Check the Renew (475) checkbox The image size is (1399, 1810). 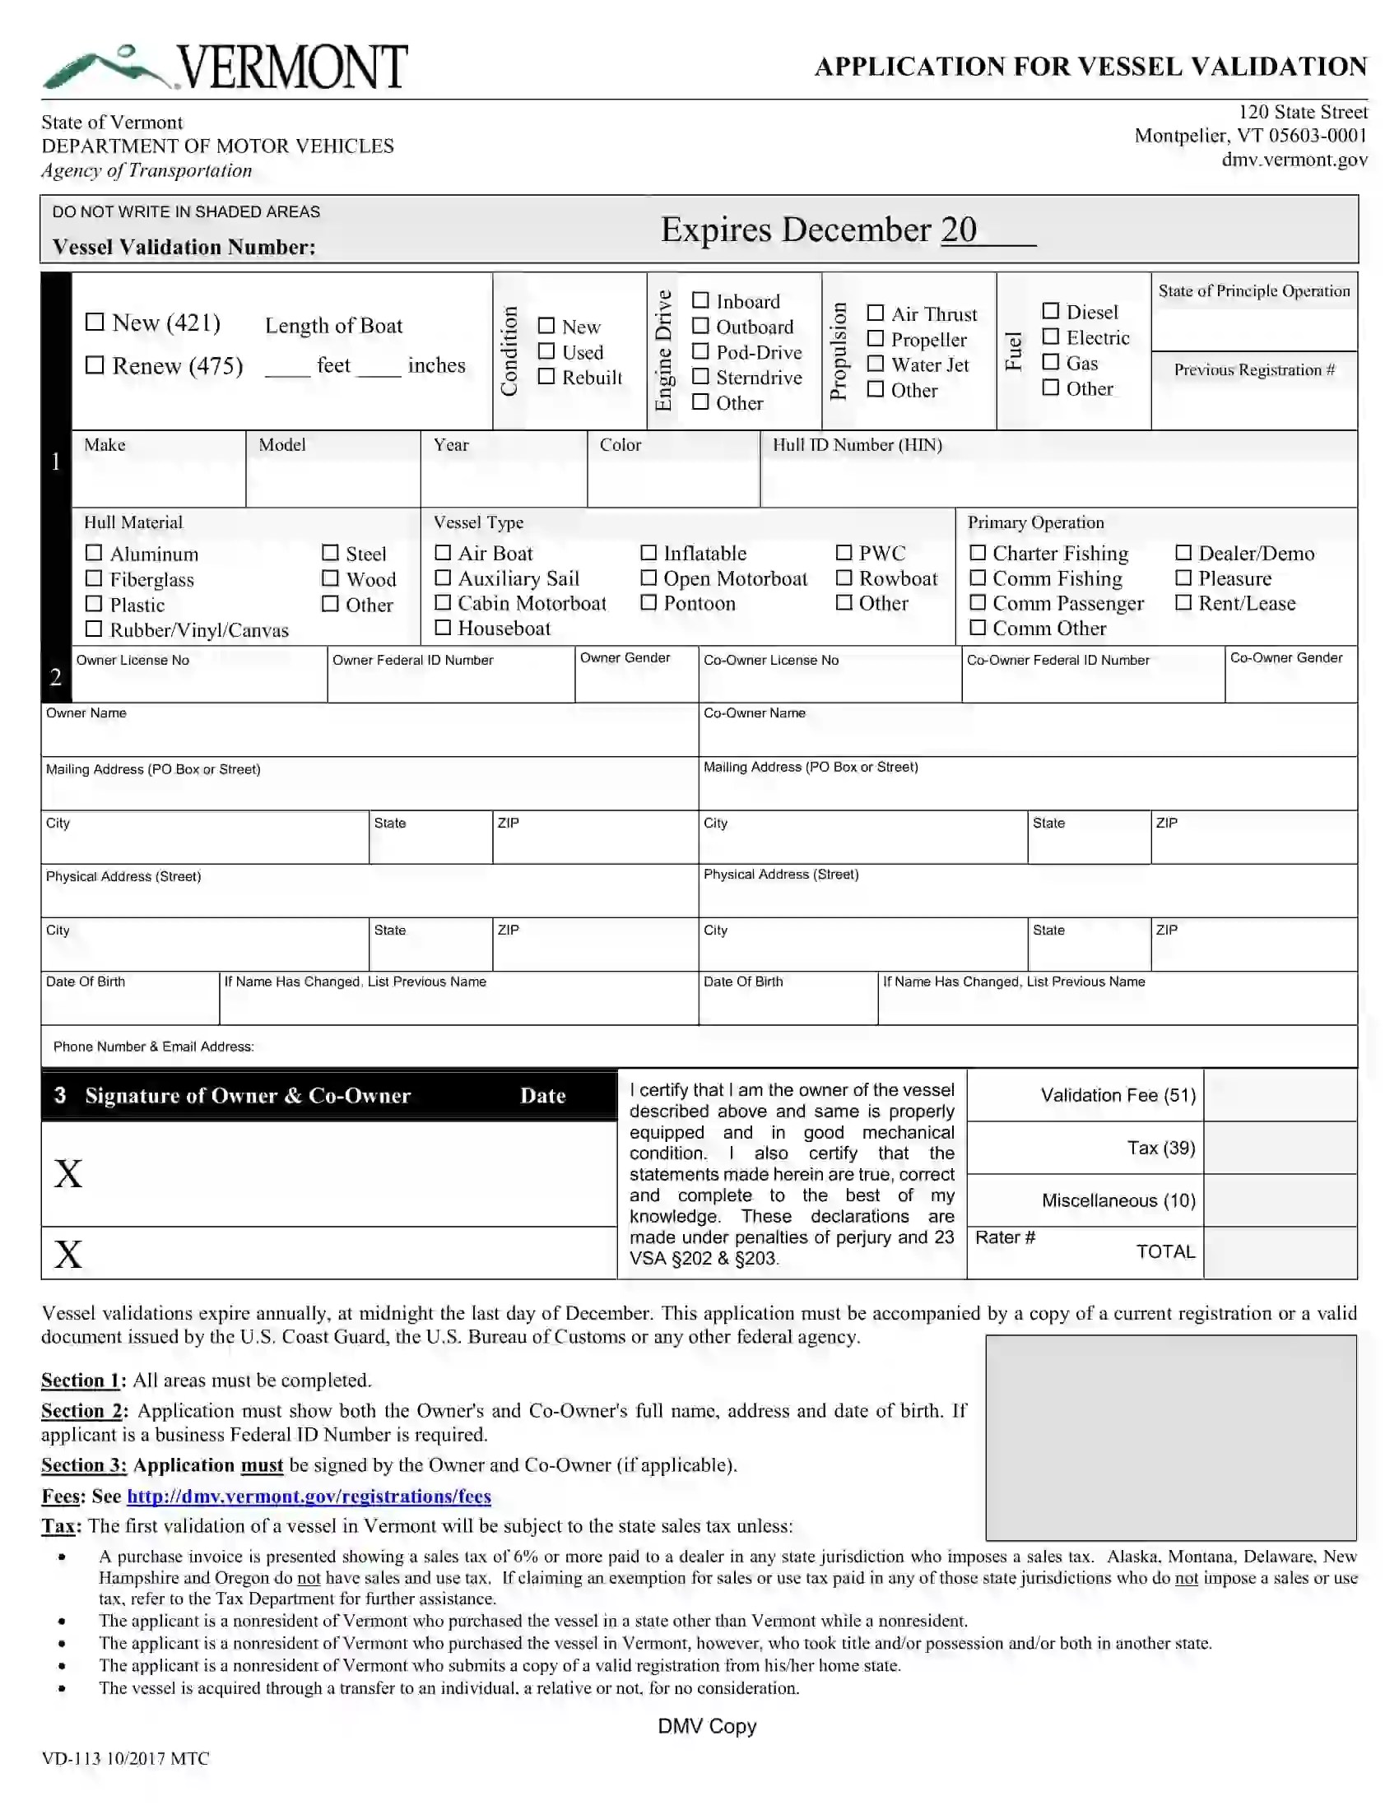(x=95, y=364)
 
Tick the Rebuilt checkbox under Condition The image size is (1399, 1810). (x=546, y=376)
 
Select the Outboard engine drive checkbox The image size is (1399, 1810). (x=700, y=327)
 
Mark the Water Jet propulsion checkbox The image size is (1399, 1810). (x=876, y=364)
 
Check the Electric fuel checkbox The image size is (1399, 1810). (x=1050, y=336)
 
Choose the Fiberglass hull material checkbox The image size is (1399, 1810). (x=95, y=578)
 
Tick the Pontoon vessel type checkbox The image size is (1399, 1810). (x=648, y=602)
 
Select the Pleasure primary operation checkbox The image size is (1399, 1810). (x=1183, y=578)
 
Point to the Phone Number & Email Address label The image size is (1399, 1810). (x=153, y=1047)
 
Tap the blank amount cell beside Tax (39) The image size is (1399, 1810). (x=1279, y=1148)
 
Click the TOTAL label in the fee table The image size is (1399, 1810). (x=1164, y=1251)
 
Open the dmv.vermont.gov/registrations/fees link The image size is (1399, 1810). (x=309, y=1496)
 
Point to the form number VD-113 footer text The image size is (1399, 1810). (x=125, y=1758)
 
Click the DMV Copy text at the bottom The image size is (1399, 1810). (x=706, y=1725)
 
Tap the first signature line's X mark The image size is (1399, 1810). (x=68, y=1173)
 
